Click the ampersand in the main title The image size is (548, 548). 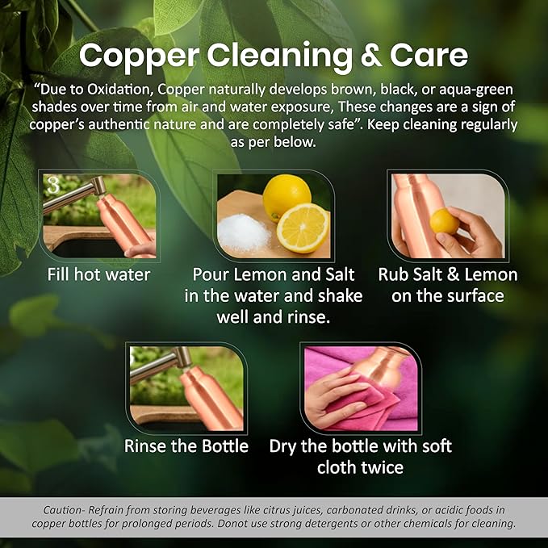tap(371, 56)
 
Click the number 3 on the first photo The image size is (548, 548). tap(53, 185)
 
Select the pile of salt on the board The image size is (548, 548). tap(244, 232)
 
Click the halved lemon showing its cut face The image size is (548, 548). tap(303, 228)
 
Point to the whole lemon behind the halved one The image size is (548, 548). tap(287, 197)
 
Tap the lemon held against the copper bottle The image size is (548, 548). tap(444, 222)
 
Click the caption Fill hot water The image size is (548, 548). tap(98, 274)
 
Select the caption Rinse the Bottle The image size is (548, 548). tap(186, 446)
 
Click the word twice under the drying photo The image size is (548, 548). tap(383, 467)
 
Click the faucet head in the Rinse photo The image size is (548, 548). tap(182, 357)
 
